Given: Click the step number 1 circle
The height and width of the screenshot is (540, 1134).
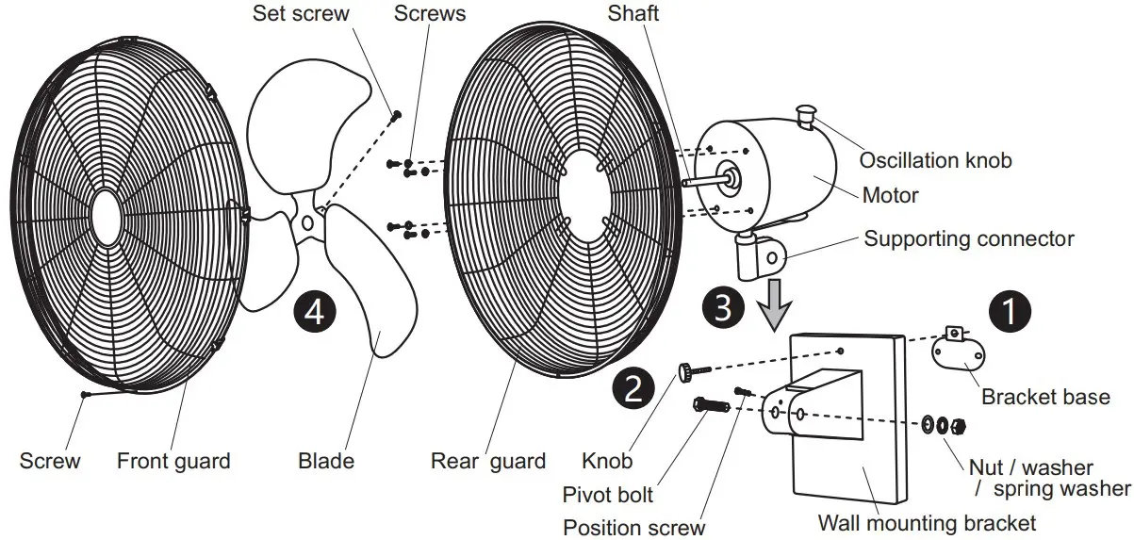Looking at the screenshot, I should pos(1009,312).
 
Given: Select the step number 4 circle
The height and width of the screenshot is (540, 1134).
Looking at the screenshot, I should pos(314,311).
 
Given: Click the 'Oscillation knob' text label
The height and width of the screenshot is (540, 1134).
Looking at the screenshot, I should pos(934,160).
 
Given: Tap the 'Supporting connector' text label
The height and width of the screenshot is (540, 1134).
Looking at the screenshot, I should pos(968,238).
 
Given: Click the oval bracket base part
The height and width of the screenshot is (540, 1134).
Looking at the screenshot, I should pos(958,355).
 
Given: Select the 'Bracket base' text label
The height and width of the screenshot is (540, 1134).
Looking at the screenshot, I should pos(1045,397).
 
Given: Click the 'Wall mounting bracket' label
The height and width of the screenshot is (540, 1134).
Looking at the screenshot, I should pos(926,522).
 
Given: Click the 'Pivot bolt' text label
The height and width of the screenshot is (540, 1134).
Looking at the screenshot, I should pos(607,494).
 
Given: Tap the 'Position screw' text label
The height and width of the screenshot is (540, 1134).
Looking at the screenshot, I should pos(633,527).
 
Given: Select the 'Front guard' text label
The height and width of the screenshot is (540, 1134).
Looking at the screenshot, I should pos(173,461).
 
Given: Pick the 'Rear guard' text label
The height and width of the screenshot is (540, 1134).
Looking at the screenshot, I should pos(487,461).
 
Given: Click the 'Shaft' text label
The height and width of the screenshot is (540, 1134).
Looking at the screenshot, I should pos(633,14).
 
